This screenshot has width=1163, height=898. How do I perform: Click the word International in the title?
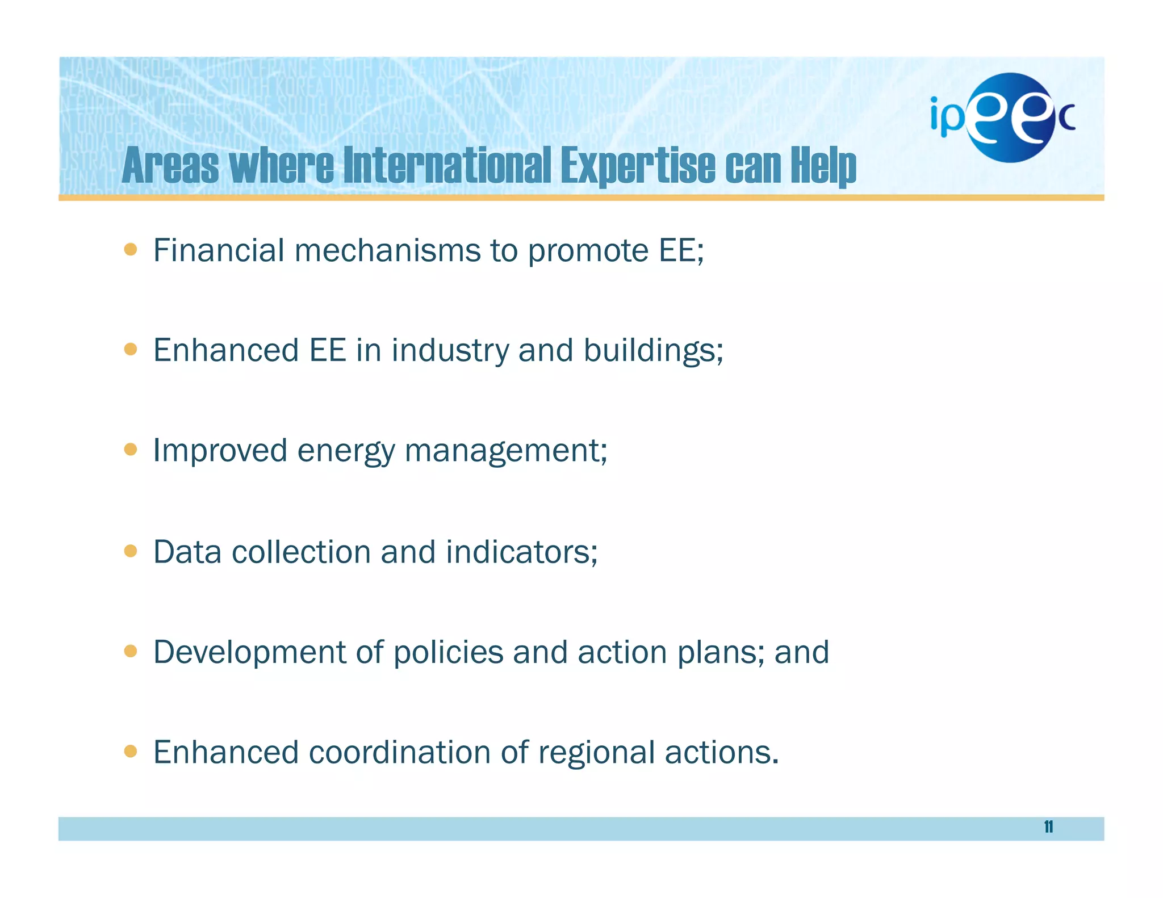(x=447, y=166)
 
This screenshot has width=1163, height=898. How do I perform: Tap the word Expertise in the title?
(x=638, y=166)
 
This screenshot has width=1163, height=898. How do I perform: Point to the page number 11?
(x=1048, y=827)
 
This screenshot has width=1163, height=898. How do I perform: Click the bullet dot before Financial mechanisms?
(x=131, y=249)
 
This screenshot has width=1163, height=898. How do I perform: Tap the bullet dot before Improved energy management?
(x=131, y=450)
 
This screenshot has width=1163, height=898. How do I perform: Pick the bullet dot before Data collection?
(x=131, y=551)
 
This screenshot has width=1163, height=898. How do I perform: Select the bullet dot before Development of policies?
(x=131, y=651)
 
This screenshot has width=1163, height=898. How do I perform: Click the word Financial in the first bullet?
(x=219, y=250)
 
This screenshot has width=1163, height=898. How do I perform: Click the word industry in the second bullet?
(x=450, y=350)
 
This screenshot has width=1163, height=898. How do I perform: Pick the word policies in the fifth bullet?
(x=448, y=652)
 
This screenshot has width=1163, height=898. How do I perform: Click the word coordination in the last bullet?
(x=400, y=752)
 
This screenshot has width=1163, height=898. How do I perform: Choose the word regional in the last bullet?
(x=596, y=753)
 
